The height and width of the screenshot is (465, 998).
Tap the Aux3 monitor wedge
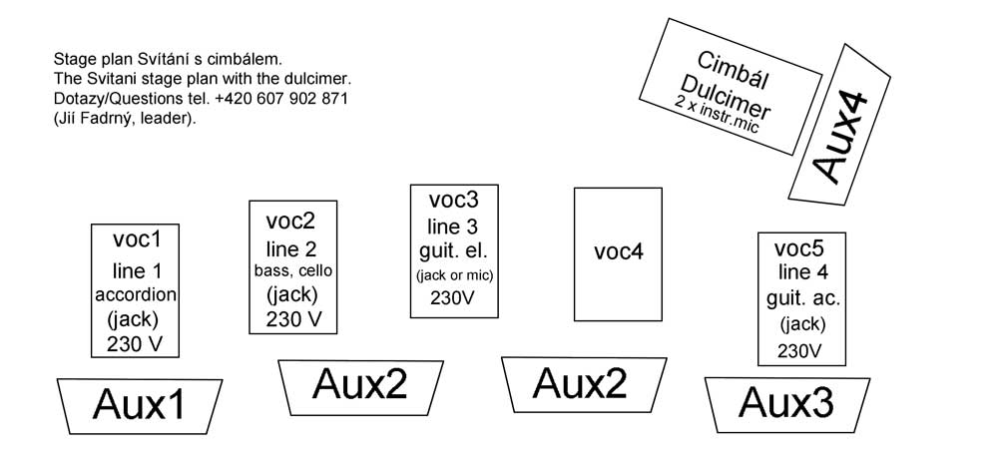[785, 403]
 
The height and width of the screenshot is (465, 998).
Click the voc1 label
[137, 239]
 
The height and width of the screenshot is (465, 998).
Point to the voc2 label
[290, 221]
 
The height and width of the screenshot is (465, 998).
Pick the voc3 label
[454, 201]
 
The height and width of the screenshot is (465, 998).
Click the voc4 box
[618, 253]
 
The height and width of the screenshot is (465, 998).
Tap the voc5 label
[801, 249]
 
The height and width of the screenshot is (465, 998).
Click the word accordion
[136, 294]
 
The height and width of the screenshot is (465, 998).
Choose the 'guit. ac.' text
[802, 298]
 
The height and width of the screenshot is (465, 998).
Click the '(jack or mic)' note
[454, 274]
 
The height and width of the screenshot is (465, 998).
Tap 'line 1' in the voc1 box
[137, 269]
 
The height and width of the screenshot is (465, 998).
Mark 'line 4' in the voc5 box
[802, 272]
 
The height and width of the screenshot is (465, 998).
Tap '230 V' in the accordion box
[136, 344]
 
